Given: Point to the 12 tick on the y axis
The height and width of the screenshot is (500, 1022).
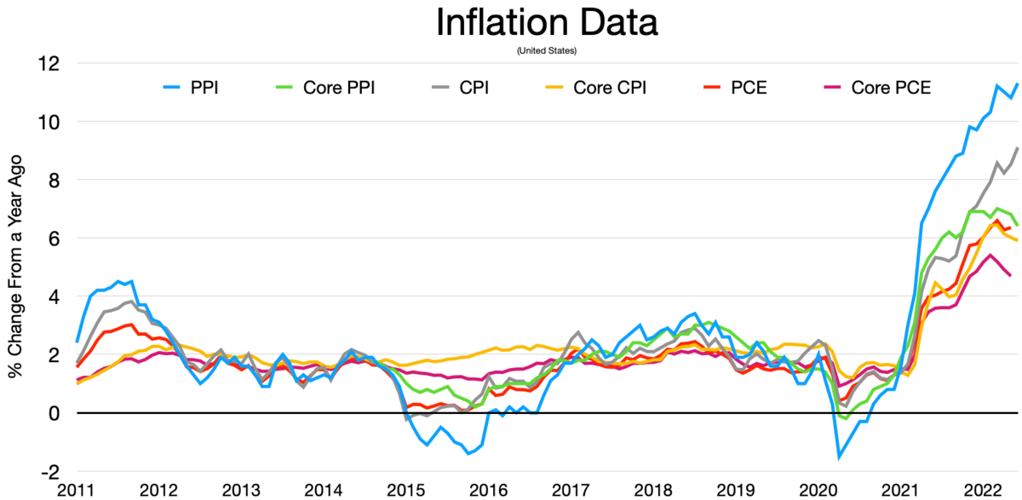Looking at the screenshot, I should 49,64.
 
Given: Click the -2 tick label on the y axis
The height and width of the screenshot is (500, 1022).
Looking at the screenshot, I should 49,471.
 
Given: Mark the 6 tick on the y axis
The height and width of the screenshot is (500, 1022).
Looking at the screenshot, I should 54,239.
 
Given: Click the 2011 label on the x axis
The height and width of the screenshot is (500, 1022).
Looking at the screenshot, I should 76,490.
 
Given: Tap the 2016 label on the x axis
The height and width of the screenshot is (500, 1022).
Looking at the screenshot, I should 489,490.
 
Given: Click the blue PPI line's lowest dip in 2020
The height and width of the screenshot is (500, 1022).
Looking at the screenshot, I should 839,457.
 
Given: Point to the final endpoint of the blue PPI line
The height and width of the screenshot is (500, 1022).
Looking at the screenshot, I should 1017,83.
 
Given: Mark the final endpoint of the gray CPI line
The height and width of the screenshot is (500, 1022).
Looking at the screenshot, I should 1017,148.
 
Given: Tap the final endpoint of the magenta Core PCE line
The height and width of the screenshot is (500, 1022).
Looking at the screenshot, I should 1010,275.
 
